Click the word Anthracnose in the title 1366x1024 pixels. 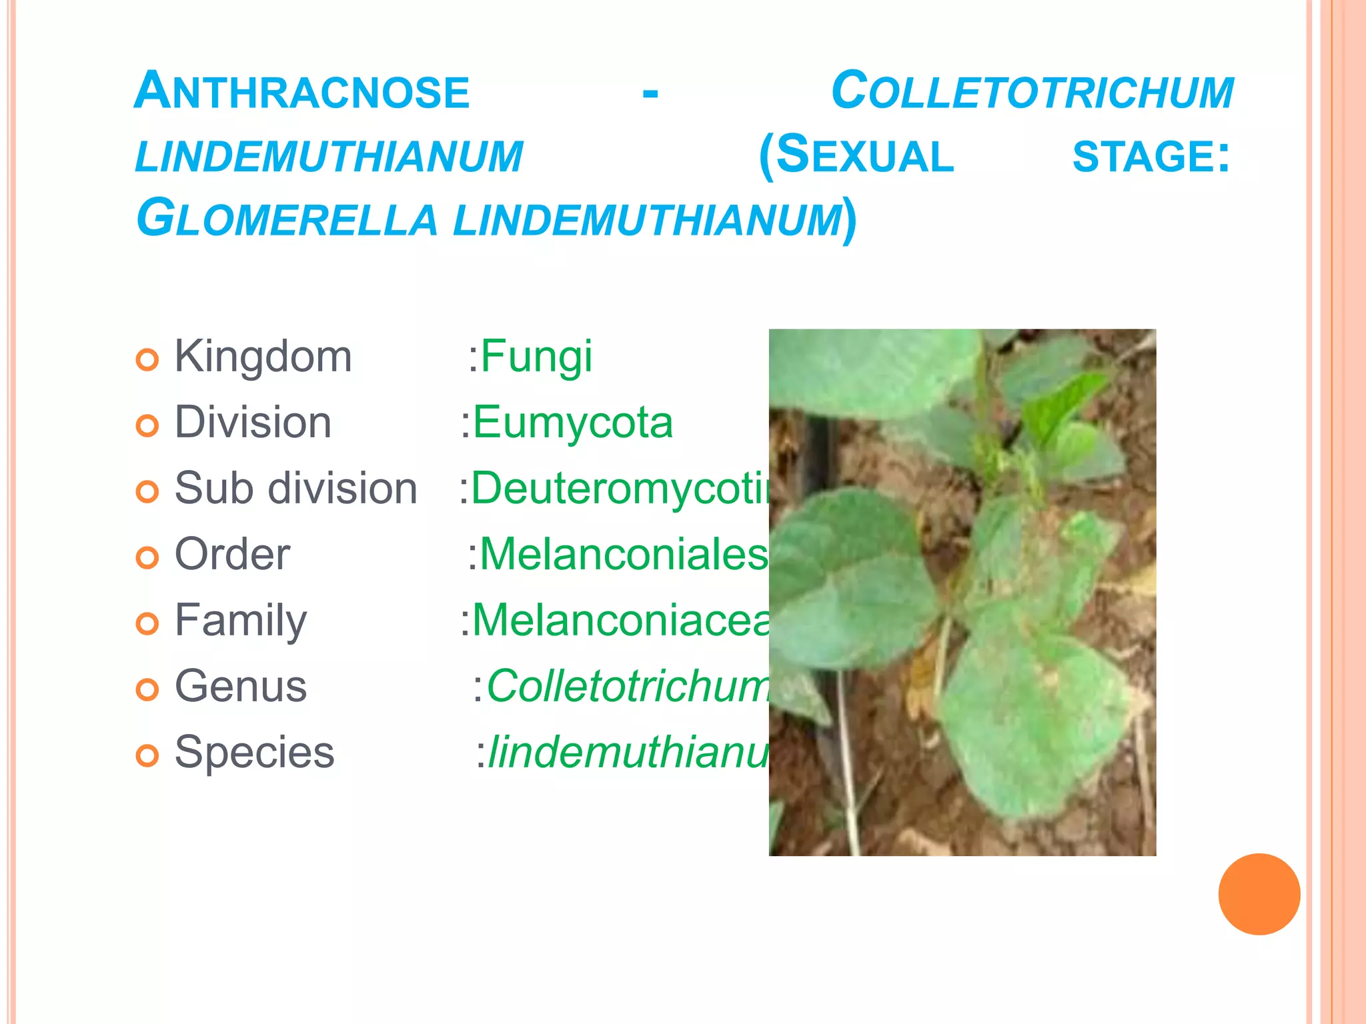[x=302, y=91]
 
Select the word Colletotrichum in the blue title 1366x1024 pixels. [x=1032, y=91]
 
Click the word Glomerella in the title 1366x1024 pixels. [x=287, y=219]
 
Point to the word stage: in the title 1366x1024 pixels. [x=1151, y=156]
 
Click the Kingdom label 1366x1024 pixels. [x=263, y=357]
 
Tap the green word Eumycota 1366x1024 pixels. [x=572, y=423]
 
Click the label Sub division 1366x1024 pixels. [x=295, y=489]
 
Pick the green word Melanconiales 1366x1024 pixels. [x=623, y=555]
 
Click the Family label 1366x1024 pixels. [x=241, y=621]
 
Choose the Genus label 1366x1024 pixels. [x=241, y=687]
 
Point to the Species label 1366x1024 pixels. [x=254, y=753]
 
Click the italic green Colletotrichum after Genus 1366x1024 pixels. [x=627, y=687]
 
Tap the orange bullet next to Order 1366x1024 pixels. [x=147, y=557]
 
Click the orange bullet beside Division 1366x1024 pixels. [x=147, y=425]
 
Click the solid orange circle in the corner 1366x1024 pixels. [x=1259, y=894]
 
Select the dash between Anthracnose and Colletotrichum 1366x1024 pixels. [x=650, y=93]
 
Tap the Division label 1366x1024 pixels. [x=253, y=423]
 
